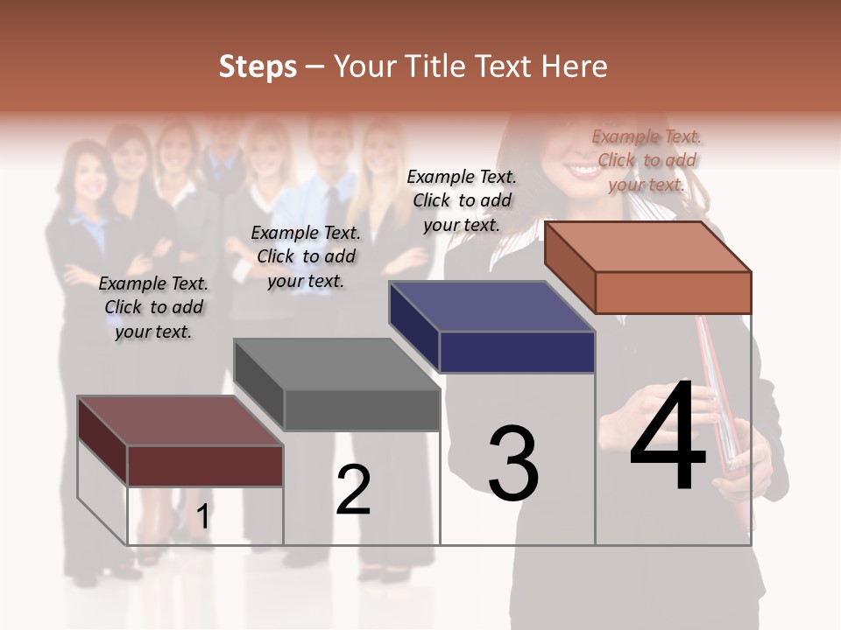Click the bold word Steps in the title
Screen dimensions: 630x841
point(258,66)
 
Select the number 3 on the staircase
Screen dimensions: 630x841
point(513,464)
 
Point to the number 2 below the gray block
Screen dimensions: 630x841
point(353,490)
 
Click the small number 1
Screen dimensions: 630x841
point(202,517)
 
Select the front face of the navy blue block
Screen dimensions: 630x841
point(517,352)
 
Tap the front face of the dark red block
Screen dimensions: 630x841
point(205,465)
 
